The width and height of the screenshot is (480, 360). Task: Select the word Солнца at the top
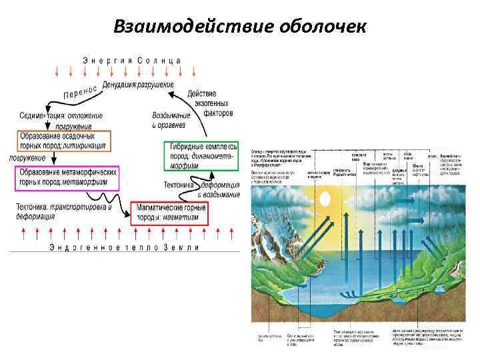coord(159,60)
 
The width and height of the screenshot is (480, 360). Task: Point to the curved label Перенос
coord(80,91)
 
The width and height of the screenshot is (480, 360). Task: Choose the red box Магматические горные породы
coord(169,213)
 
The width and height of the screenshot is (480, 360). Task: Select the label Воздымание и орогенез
coord(171,120)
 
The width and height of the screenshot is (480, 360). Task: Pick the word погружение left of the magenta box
coord(27,158)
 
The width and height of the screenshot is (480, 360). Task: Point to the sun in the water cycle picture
coord(326,198)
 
